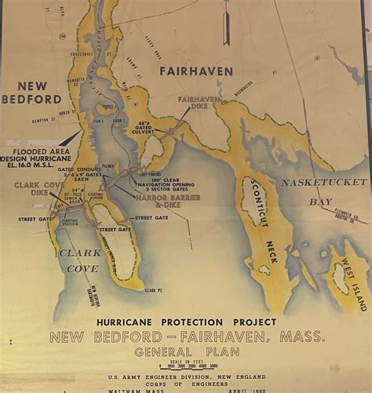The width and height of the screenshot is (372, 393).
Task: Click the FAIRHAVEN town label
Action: [196, 71]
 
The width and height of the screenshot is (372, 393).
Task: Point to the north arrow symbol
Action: [226, 24]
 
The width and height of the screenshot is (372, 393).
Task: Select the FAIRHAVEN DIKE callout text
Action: [198, 104]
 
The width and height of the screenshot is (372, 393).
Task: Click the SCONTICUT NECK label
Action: [261, 220]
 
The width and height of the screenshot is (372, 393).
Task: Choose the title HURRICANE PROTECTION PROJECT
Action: [186, 322]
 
